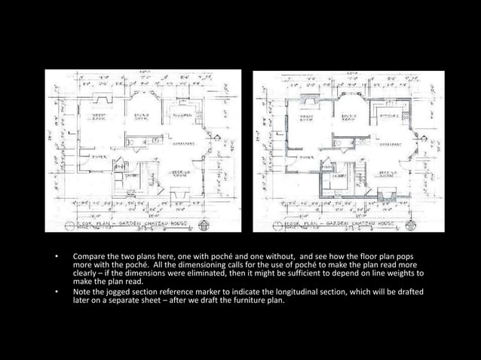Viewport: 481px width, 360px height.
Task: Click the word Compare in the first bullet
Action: point(90,258)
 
